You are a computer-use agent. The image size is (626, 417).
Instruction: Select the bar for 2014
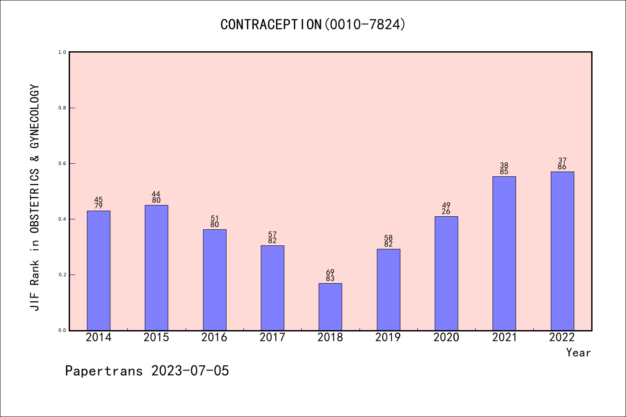pos(99,270)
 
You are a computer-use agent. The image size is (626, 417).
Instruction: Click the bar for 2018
pos(330,307)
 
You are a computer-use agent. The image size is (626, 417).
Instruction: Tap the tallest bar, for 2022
pos(562,251)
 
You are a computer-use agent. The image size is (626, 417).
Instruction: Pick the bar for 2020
pos(446,273)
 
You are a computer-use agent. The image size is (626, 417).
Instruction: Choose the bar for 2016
pos(214,280)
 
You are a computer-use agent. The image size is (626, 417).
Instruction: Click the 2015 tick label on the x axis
pos(156,338)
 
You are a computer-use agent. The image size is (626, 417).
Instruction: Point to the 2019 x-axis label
pos(388,338)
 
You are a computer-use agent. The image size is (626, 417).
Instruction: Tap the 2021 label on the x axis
pos(504,338)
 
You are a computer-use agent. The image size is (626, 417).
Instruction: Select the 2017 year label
pos(272,338)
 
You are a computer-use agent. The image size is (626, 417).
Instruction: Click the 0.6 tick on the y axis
pos(62,163)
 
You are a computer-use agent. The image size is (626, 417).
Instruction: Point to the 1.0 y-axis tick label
pos(62,52)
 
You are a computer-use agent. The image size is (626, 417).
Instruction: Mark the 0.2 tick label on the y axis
pos(62,275)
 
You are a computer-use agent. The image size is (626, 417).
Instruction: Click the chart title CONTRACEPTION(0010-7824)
pos(313,24)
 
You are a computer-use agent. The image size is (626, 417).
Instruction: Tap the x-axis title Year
pos(578,353)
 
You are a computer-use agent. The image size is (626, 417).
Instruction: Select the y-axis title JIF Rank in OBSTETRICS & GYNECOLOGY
pos(35,198)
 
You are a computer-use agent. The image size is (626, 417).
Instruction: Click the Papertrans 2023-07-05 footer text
pos(147,371)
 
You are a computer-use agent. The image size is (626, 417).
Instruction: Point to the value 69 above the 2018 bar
pos(330,272)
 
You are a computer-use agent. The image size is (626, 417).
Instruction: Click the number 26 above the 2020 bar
pos(446,212)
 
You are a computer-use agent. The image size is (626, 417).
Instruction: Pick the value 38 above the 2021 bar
pos(504,165)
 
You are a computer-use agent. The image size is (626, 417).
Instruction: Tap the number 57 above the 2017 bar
pos(272,235)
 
